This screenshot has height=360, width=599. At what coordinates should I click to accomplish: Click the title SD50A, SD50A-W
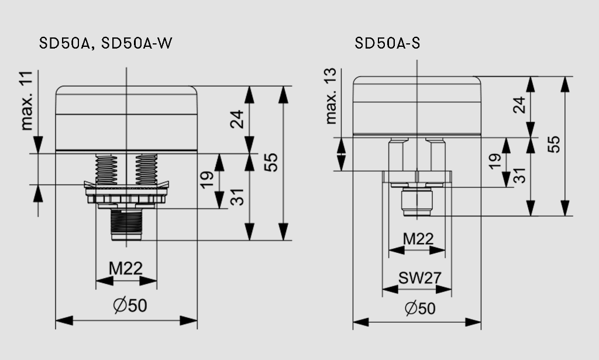[x=106, y=44]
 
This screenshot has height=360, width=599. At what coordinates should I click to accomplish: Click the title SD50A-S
[x=387, y=44]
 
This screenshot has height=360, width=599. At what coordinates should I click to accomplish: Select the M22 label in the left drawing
[x=126, y=269]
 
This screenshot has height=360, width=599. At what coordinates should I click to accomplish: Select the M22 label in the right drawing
[x=418, y=238]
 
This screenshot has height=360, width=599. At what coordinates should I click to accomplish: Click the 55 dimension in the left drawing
[x=270, y=162]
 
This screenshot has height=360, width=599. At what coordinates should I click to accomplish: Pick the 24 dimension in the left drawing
[x=236, y=120]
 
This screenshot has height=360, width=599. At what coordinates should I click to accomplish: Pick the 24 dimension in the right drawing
[x=518, y=105]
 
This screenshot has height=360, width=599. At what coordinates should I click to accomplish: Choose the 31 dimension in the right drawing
[x=518, y=175]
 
